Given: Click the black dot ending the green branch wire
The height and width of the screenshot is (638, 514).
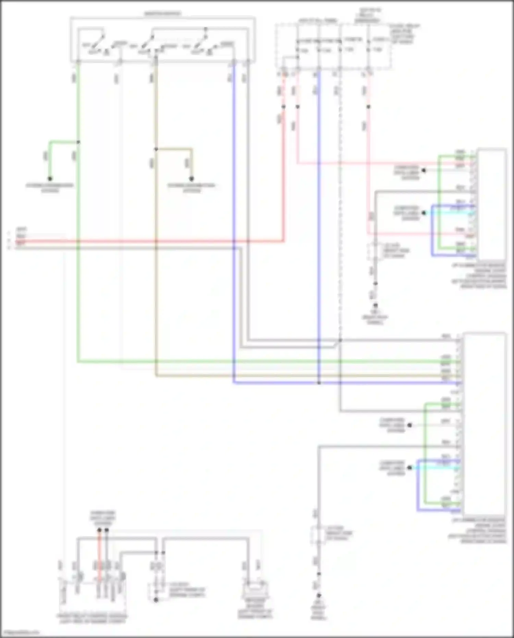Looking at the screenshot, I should click(50, 179).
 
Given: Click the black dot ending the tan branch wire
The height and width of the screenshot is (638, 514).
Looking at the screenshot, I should click(192, 179).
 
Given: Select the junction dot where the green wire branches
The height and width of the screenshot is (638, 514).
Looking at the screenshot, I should click(78, 142).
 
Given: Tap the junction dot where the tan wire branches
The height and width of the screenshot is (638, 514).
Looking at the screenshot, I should click(156, 149).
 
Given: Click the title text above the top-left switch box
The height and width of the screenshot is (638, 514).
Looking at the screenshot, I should click(162, 14).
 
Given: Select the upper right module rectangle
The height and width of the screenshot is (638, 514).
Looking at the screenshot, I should click(492, 204).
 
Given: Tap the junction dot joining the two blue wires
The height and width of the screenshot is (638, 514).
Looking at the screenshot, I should click(319, 383).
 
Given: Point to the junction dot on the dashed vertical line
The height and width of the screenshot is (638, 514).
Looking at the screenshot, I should click(340, 340).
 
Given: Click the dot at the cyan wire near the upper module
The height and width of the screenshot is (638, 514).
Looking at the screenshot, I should click(424, 213).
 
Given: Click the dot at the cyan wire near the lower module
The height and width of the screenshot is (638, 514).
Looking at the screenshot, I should click(409, 468).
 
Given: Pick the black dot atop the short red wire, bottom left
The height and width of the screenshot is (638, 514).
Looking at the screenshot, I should click(99, 530).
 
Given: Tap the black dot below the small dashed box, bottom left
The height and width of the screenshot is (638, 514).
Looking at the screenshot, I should click(156, 600).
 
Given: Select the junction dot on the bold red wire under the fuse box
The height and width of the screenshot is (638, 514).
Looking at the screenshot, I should click(284, 107).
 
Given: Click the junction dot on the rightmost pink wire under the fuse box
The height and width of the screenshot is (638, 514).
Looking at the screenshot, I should click(368, 107).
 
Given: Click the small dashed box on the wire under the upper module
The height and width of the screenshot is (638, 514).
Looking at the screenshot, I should click(375, 252).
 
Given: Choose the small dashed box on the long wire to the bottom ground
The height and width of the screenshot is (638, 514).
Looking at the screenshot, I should click(318, 535).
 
